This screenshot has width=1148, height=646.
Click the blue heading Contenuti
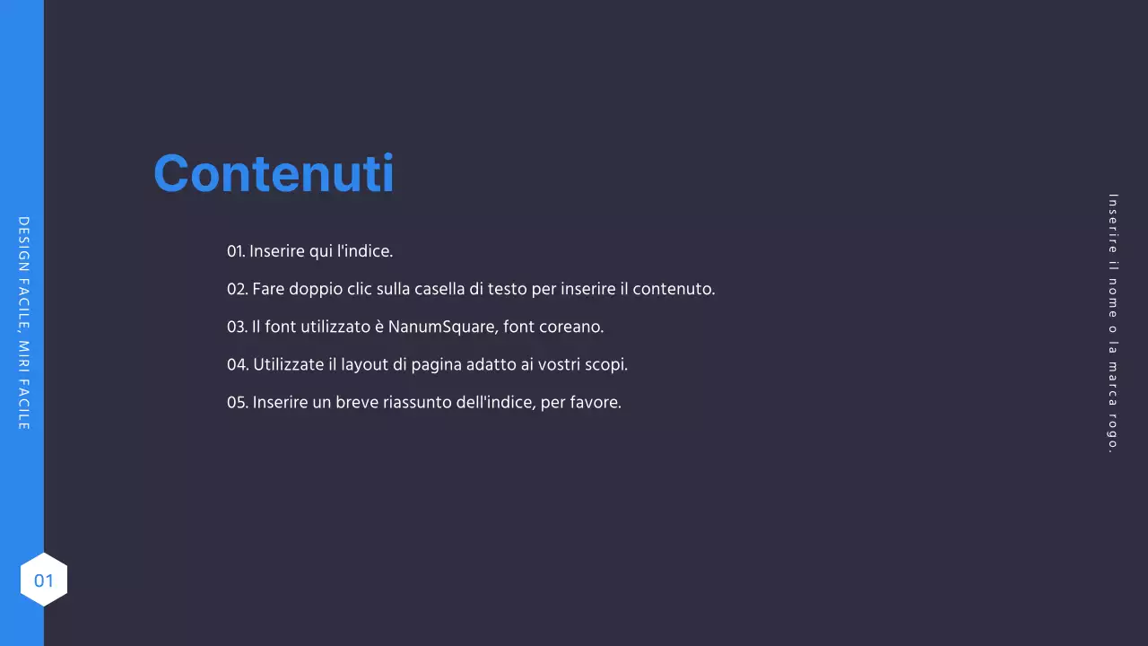click(274, 173)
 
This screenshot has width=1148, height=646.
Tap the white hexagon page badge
click(44, 580)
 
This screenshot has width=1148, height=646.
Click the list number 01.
click(236, 251)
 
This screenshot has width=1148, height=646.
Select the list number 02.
click(237, 289)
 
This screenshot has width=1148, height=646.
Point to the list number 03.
click(237, 327)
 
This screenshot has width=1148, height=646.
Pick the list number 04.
click(238, 364)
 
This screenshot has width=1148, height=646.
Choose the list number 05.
click(237, 402)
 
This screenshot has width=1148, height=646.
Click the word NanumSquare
click(441, 327)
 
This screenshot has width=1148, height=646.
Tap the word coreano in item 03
click(574, 327)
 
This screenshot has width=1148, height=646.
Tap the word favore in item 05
click(596, 402)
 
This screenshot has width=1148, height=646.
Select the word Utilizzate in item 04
click(289, 364)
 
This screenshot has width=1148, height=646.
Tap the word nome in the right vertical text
click(1113, 297)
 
